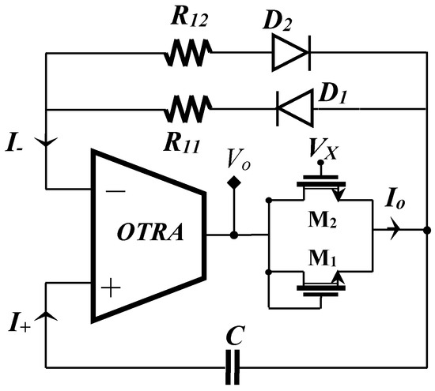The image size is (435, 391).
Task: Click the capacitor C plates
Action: (x=232, y=367)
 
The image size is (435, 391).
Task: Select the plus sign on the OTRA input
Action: (x=113, y=288)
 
